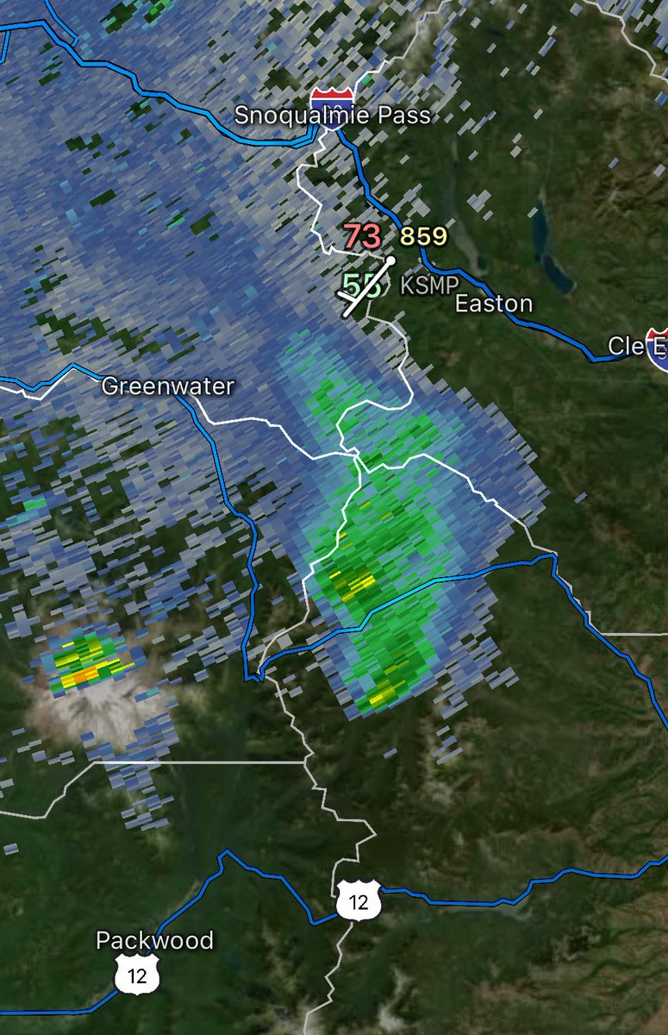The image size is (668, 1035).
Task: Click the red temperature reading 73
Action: tap(362, 236)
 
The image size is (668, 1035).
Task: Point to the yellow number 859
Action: tap(423, 236)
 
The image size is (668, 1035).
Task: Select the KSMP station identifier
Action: tap(429, 285)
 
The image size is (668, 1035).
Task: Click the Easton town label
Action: tap(493, 304)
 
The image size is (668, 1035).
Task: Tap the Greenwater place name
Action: tap(167, 386)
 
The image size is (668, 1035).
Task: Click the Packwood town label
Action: tap(154, 939)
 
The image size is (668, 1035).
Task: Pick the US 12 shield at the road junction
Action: tap(355, 902)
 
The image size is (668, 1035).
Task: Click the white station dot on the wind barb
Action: tap(390, 259)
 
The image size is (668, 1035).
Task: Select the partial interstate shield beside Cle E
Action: tap(659, 347)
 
